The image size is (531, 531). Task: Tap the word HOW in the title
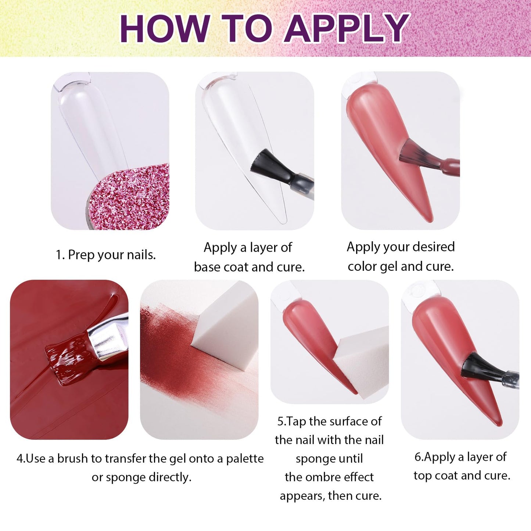tap(164, 29)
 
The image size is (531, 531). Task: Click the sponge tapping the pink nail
tap(362, 362)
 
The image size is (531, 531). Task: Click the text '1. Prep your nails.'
tap(106, 255)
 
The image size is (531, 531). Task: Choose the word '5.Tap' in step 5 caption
tap(292, 421)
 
